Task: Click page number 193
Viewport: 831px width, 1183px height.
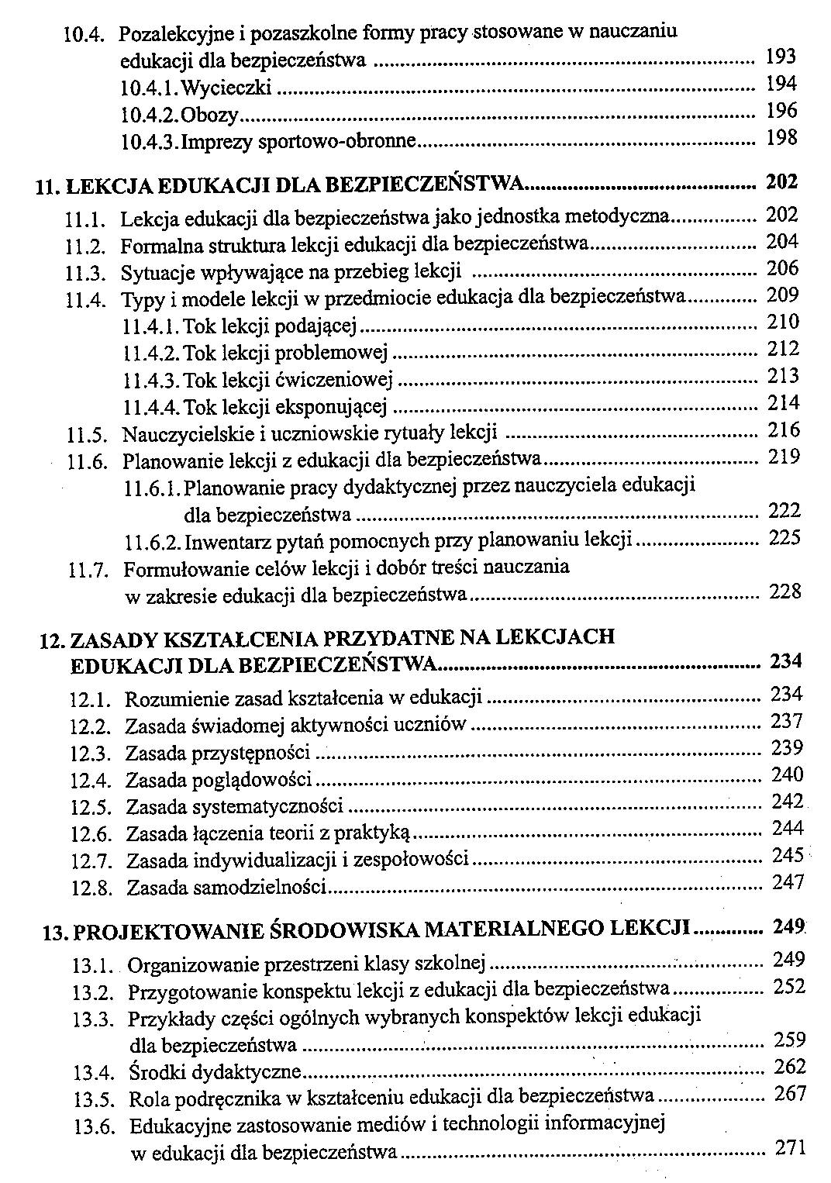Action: [781, 57]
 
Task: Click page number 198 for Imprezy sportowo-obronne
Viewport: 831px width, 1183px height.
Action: [781, 138]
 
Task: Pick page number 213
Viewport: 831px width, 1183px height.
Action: [783, 376]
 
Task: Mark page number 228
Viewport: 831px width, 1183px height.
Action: [784, 592]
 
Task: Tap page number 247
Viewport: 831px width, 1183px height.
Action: [788, 882]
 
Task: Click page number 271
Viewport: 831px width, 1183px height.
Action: [791, 1147]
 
